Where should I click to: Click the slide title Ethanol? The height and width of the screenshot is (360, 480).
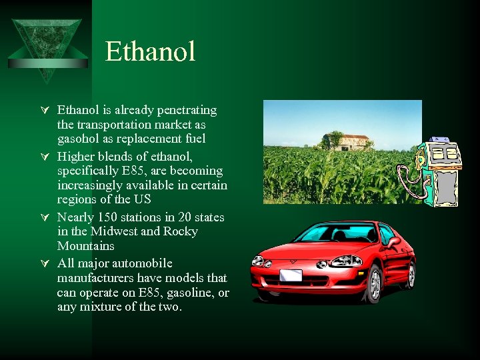pyautogui.click(x=150, y=52)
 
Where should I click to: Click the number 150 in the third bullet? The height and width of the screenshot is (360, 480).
pyautogui.click(x=106, y=217)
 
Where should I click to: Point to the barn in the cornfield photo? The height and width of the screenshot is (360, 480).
pyautogui.click(x=347, y=141)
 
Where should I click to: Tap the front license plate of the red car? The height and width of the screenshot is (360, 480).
pyautogui.click(x=291, y=275)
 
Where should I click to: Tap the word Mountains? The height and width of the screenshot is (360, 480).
pyautogui.click(x=85, y=246)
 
